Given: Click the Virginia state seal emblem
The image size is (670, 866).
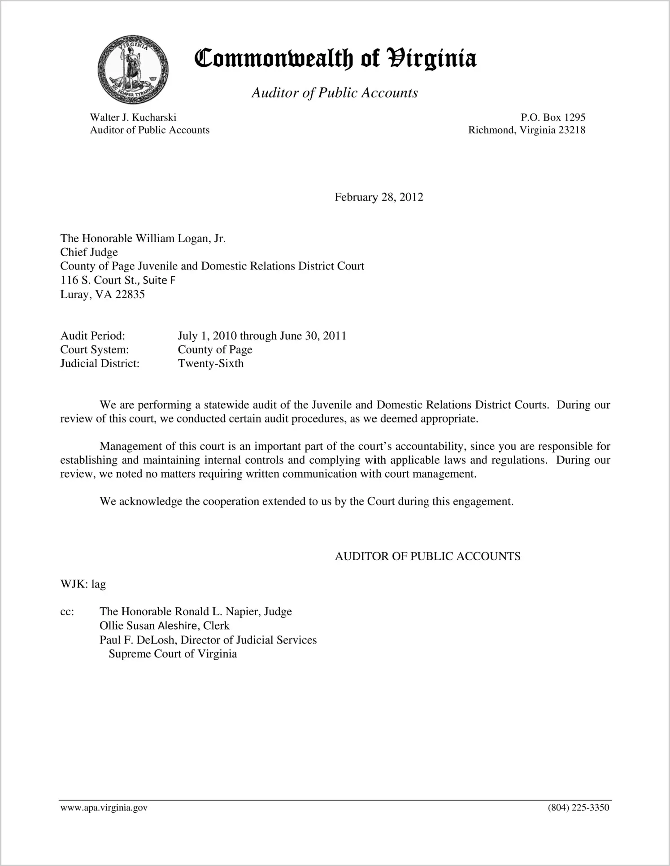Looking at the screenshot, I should [133, 69].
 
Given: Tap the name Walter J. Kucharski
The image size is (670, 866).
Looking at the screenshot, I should [133, 117].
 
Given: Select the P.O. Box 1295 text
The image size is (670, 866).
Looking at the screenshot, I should [553, 117].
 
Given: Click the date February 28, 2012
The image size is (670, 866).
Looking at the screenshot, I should [379, 197].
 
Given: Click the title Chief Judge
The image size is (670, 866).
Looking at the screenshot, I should [89, 252].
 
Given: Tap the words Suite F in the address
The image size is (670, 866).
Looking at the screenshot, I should [159, 280].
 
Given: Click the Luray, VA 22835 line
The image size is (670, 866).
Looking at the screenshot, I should [102, 295].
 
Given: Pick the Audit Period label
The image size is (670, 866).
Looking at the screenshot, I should [92, 336].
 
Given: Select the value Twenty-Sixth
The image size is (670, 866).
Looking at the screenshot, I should [210, 363].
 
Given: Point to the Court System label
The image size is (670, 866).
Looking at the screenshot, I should [94, 349].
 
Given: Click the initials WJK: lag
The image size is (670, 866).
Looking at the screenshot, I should [83, 584].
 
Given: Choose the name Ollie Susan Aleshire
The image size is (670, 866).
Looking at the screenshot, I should [148, 626].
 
